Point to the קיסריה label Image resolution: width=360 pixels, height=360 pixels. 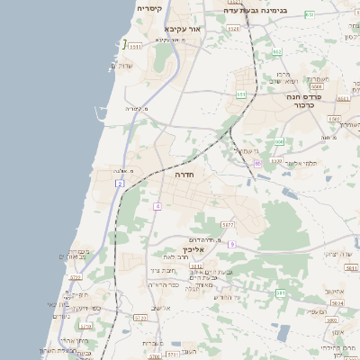(x=149, y=8)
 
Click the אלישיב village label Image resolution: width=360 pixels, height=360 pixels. (x=161, y=309)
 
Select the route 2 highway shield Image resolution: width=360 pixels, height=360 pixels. (x=120, y=184)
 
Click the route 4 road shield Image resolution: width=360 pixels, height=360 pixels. (x=157, y=207)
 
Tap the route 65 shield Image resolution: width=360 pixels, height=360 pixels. (x=257, y=163)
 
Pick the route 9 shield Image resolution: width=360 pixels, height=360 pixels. (x=231, y=244)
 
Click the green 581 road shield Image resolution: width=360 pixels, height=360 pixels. (x=281, y=293)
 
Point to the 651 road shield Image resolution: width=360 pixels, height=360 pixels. (x=240, y=94)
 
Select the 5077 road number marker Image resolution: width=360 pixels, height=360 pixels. (x=228, y=224)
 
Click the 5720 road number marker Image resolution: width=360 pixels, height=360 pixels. (x=86, y=327)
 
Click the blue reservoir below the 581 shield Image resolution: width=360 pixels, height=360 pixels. (x=283, y=333)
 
